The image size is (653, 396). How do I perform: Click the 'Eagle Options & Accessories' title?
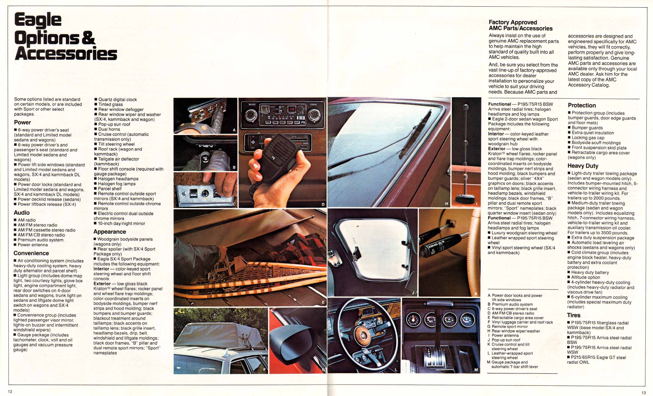[x=66, y=36]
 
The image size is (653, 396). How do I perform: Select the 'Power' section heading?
[x=23, y=122]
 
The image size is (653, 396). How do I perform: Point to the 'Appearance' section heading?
[x=109, y=232]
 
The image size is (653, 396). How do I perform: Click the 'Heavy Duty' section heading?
[x=583, y=166]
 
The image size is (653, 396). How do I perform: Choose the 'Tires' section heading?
[x=574, y=315]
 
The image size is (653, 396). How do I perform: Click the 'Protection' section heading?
[x=581, y=105]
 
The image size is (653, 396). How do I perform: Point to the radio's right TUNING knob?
[x=314, y=114]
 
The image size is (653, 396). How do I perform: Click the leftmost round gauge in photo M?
[x=413, y=319]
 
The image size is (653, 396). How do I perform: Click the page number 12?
[x=10, y=391]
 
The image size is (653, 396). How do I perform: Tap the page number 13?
[x=643, y=393]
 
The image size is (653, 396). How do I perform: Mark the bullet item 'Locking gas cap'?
[x=588, y=138]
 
